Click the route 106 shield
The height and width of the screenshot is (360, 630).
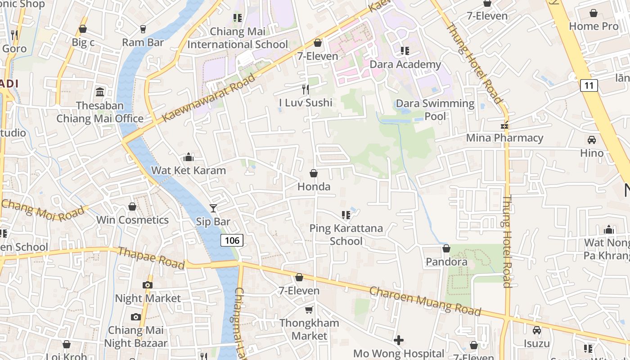click(232, 240)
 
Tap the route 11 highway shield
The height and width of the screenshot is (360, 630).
click(589, 85)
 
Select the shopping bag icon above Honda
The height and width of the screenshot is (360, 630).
click(314, 173)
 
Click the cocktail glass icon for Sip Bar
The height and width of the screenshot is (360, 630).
click(213, 208)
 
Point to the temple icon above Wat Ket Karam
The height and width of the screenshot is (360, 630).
click(189, 157)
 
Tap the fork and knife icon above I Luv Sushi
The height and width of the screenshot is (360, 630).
click(306, 89)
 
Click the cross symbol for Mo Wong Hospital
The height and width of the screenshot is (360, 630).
click(398, 340)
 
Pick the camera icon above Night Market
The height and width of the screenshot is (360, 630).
click(147, 285)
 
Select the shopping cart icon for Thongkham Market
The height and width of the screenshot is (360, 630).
click(309, 310)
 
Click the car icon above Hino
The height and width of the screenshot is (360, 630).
click(592, 140)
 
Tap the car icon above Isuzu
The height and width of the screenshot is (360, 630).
click(536, 330)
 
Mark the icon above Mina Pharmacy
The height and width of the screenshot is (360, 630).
click(504, 125)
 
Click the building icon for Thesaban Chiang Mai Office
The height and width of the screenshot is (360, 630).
click(100, 92)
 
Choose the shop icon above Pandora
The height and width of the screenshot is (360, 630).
click(446, 248)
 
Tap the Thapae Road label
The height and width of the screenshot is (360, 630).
click(151, 258)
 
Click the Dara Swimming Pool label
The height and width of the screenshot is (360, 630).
click(435, 110)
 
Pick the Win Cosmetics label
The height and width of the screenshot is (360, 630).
click(133, 220)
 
